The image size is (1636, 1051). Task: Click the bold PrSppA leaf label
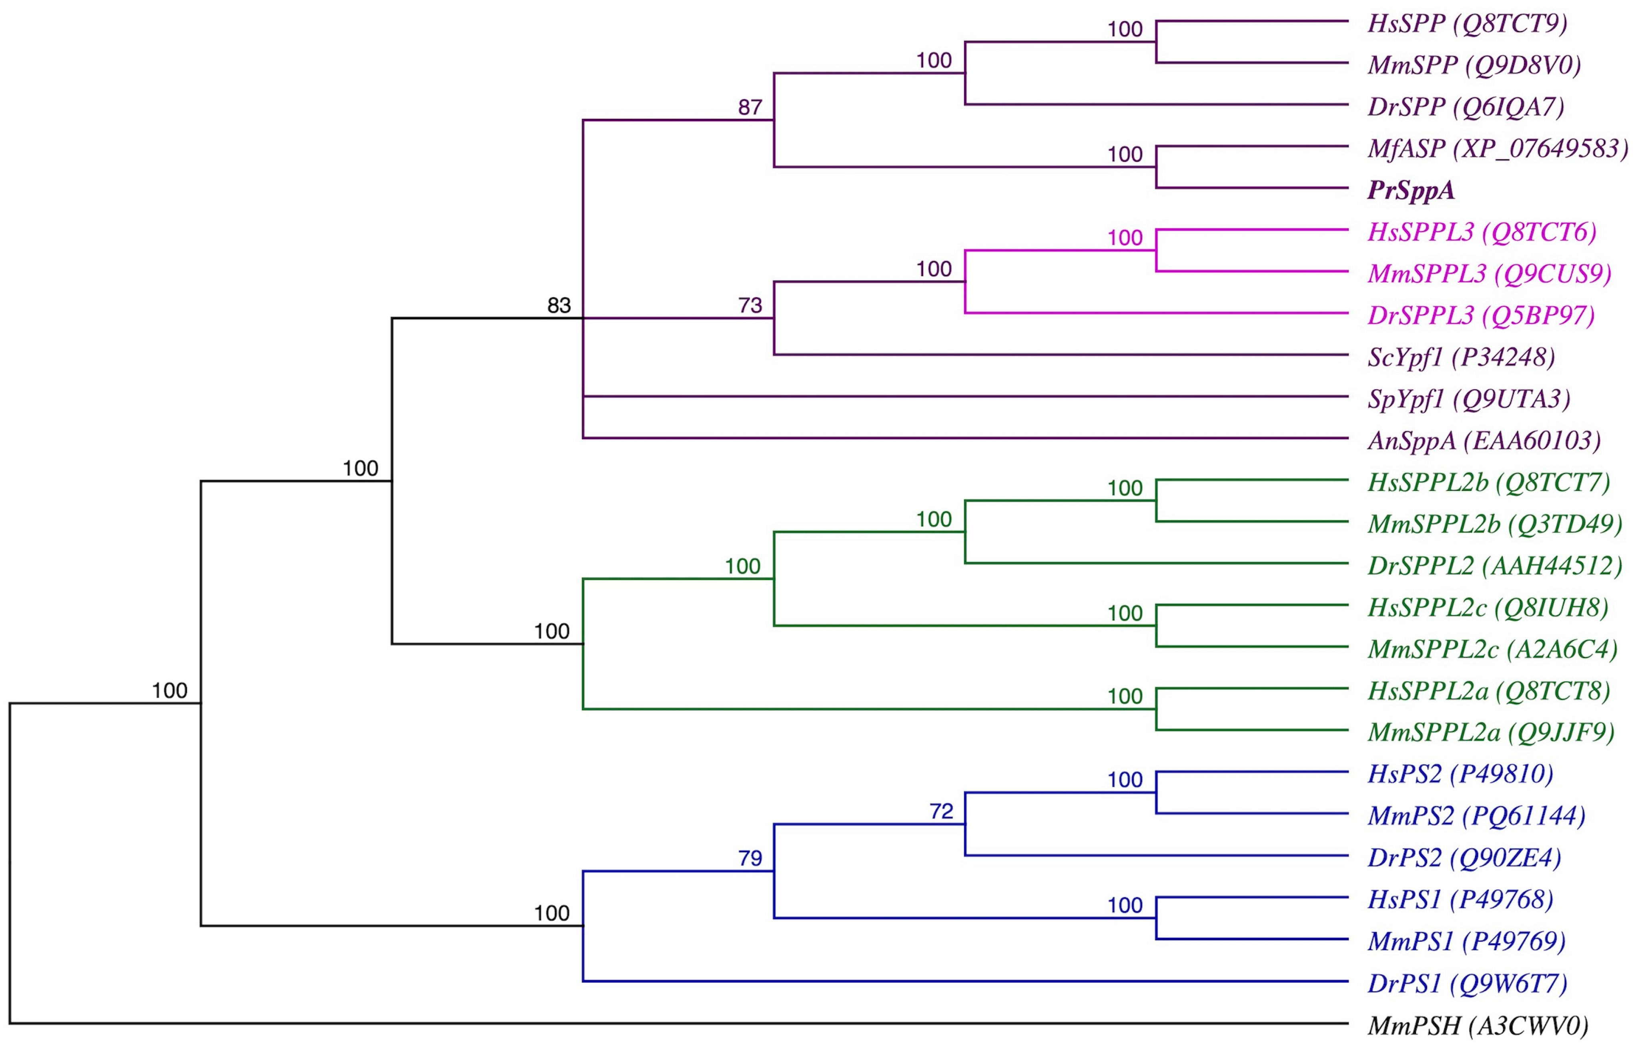pos(1410,191)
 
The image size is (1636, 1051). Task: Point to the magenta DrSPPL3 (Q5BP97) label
pos(1480,315)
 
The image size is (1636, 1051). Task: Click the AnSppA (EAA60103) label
pos(1484,441)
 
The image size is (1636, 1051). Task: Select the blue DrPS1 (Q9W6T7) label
pos(1467,983)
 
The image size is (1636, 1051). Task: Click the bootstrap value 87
pos(750,107)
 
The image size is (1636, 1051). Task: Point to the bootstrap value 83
pos(559,305)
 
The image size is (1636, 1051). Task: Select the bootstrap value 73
pos(750,305)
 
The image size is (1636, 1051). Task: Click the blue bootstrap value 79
pos(750,858)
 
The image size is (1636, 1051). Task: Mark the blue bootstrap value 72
pos(941,811)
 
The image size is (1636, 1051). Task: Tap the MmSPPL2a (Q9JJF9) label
pos(1491,733)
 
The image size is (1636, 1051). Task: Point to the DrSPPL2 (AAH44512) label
pos(1494,566)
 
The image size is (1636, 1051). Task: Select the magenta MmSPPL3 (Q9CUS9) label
pos(1489,274)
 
